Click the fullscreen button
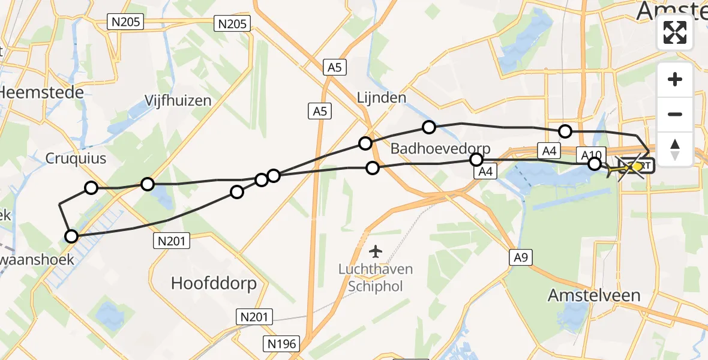tap(675, 32)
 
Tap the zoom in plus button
tap(675, 80)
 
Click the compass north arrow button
tap(675, 148)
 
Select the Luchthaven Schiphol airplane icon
tap(376, 250)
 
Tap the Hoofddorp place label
tap(214, 283)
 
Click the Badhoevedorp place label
tap(440, 149)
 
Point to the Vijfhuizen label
tap(178, 100)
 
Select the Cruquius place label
tap(76, 158)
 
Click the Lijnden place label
tap(382, 97)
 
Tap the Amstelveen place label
tap(595, 295)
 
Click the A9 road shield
tap(521, 257)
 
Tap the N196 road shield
tap(281, 343)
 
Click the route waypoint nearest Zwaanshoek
tap(71, 236)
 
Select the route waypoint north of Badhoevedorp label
tap(428, 127)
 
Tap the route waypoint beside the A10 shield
tap(594, 164)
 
